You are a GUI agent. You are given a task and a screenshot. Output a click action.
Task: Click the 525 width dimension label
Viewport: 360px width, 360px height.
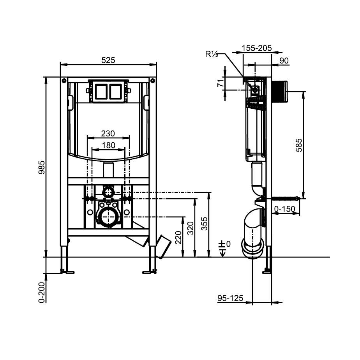point(108,60)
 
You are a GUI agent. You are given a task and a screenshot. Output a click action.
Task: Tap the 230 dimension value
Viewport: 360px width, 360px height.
point(108,133)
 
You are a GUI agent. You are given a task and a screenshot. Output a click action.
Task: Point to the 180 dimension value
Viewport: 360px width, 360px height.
point(108,145)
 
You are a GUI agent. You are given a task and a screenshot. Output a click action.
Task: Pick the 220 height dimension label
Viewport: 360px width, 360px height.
point(178,237)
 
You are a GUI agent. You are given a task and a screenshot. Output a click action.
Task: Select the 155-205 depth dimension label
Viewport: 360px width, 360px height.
point(256,48)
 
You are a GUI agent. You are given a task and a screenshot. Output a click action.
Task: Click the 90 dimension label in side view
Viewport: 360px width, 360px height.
point(284,60)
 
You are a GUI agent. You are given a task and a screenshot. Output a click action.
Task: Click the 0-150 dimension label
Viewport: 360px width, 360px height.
point(284,209)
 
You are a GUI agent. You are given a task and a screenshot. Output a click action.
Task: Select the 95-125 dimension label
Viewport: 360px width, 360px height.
point(230,298)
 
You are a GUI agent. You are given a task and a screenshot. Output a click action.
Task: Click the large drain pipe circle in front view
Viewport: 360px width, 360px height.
point(106,216)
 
